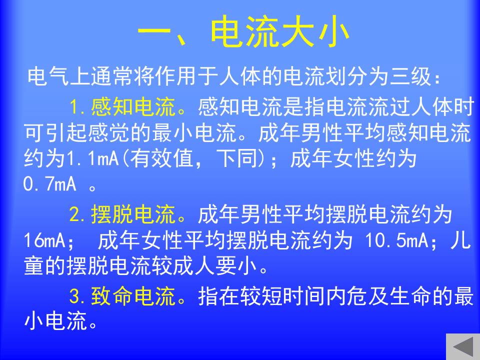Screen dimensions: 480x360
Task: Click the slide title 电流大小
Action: pyautogui.click(x=280, y=32)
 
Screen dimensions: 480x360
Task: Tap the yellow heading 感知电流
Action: pyautogui.click(x=133, y=107)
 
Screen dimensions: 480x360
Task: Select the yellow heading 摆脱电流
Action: pyautogui.click(x=133, y=214)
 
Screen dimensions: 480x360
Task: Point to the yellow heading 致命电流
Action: pyautogui.click(x=133, y=296)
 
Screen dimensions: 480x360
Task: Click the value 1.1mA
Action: pyautogui.click(x=92, y=158)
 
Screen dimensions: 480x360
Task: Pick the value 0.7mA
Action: pyautogui.click(x=49, y=184)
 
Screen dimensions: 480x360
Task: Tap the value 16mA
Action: pyautogui.click(x=44, y=240)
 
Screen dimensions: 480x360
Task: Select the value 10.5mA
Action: pyautogui.click(x=396, y=240)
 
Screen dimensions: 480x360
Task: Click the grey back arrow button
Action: pyautogui.click(x=463, y=347)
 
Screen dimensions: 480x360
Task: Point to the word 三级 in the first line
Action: pyautogui.click(x=410, y=76)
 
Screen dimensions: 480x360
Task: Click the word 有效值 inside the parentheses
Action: pyautogui.click(x=162, y=158)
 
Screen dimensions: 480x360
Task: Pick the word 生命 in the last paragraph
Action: pyautogui.click(x=410, y=296)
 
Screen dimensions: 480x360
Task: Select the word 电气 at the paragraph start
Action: pyautogui.click(x=48, y=76)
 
